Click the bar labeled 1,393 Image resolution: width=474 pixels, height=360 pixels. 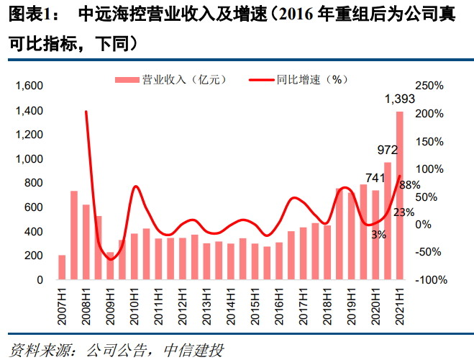pos(399,194)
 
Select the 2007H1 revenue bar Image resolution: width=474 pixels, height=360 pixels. pos(62,267)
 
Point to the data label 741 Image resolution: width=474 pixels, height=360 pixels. pos(374,177)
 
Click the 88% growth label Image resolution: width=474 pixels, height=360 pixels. pos(409,185)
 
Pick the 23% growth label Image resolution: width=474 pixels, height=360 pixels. pos(404,212)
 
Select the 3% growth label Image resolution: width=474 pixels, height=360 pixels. pos(378,234)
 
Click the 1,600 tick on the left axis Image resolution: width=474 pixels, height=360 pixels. pos(29,86)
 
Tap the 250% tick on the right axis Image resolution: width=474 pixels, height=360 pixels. pos(429,86)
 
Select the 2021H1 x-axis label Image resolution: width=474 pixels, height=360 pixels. pos(400,302)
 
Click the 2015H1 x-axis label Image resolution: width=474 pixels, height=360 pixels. pos(255,302)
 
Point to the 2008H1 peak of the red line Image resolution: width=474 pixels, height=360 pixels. pos(86,112)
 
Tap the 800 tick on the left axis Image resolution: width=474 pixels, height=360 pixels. pos(35,183)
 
